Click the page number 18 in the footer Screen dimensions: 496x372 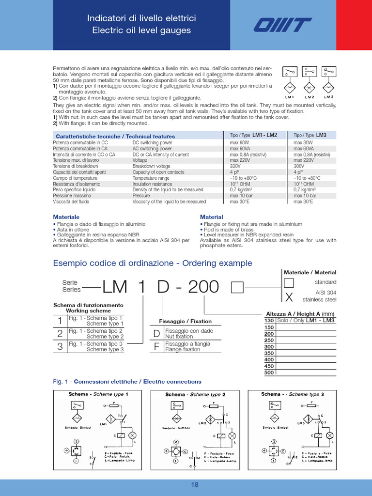[194, 484]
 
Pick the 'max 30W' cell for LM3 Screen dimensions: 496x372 [304, 143]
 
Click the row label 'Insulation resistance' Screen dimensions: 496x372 [152, 184]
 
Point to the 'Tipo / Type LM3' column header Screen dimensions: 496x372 [310, 135]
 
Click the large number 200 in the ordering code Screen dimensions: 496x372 [197, 288]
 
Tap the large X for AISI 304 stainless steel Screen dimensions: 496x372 [288, 296]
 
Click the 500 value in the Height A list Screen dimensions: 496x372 [269, 372]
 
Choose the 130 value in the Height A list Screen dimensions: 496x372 [269, 321]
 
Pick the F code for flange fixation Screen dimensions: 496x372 [156, 347]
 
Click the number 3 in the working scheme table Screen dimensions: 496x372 [60, 346]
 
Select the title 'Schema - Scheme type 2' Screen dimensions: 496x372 [195, 394]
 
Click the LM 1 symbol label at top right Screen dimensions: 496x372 [290, 97]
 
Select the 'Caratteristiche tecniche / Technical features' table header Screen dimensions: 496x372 [116, 136]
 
